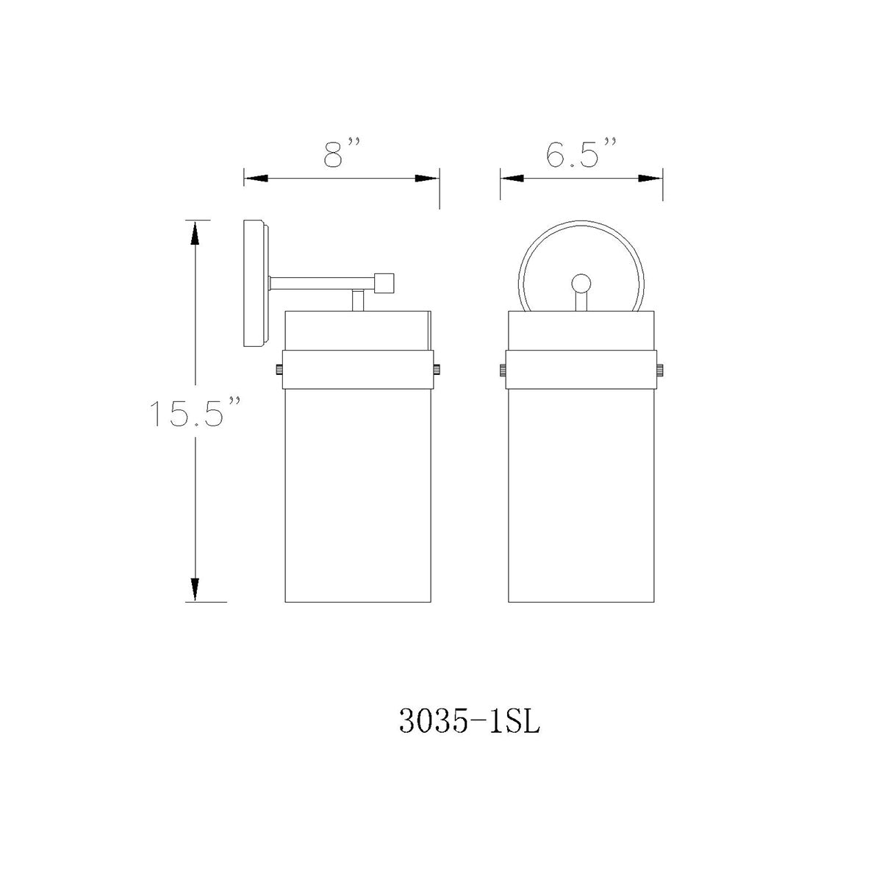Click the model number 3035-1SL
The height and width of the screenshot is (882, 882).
[x=469, y=721]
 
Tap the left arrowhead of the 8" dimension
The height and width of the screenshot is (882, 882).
[x=255, y=178]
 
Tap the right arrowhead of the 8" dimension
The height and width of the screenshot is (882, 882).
[x=427, y=178]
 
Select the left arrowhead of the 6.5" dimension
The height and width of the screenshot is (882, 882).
[x=512, y=178]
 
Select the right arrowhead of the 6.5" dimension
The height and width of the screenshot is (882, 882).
[x=650, y=178]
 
